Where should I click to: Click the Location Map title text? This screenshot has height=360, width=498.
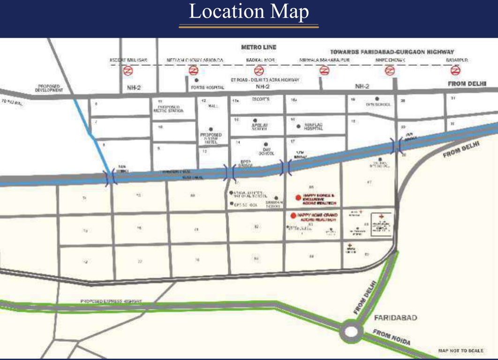pyautogui.click(x=249, y=12)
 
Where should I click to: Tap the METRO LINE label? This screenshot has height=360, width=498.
pyautogui.click(x=259, y=47)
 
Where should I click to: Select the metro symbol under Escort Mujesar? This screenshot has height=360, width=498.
pyautogui.click(x=128, y=71)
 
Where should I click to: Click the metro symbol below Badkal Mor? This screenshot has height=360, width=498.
pyautogui.click(x=258, y=71)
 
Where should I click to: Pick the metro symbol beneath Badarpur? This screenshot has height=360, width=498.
pyautogui.click(x=454, y=71)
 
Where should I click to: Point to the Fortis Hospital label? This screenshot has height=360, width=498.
pyautogui.click(x=208, y=87)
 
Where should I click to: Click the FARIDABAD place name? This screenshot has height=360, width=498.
pyautogui.click(x=395, y=317)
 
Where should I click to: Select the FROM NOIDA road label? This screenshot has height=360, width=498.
pyautogui.click(x=392, y=337)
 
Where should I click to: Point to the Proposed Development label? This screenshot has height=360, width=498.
pyautogui.click(x=49, y=88)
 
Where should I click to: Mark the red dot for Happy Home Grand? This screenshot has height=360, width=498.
pyautogui.click(x=293, y=216)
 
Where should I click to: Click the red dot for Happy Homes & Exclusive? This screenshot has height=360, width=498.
pyautogui.click(x=298, y=198)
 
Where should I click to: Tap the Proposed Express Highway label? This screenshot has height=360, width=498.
pyautogui.click(x=111, y=301)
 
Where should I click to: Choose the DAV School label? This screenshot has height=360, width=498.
pyautogui.click(x=266, y=151)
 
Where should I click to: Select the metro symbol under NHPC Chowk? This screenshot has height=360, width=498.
pyautogui.click(x=389, y=71)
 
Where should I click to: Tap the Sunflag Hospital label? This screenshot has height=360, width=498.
pyautogui.click(x=314, y=127)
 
